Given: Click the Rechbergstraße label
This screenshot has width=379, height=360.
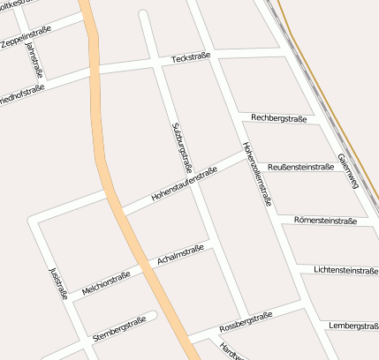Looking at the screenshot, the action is [x=277, y=118].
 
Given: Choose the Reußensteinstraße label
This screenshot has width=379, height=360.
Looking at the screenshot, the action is [x=300, y=166].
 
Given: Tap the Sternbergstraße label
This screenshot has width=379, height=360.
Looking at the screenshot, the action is [x=117, y=330].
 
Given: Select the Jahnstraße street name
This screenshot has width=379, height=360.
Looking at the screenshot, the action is [x=34, y=60].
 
